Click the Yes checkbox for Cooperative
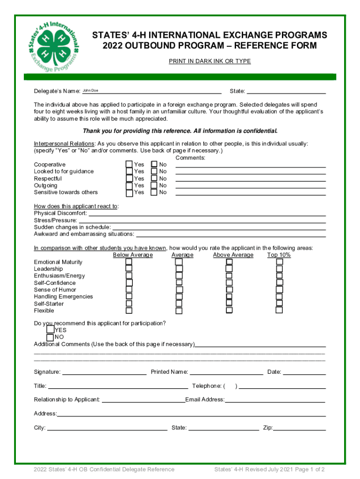coord(129,164)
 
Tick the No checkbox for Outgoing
coord(154,185)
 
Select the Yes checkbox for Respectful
coord(129,178)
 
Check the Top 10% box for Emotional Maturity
coord(279,262)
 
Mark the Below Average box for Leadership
coord(129,269)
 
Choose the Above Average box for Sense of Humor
coord(229,290)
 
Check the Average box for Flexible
coord(179,311)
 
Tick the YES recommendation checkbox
coord(50,329)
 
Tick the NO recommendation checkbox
coord(50,337)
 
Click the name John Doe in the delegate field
coord(91,90)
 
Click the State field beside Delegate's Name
coord(286,91)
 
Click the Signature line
coord(104,372)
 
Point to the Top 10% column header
coord(279,255)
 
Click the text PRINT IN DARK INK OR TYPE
coord(209,61)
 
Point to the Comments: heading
coord(190,158)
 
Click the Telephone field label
coord(207,386)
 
